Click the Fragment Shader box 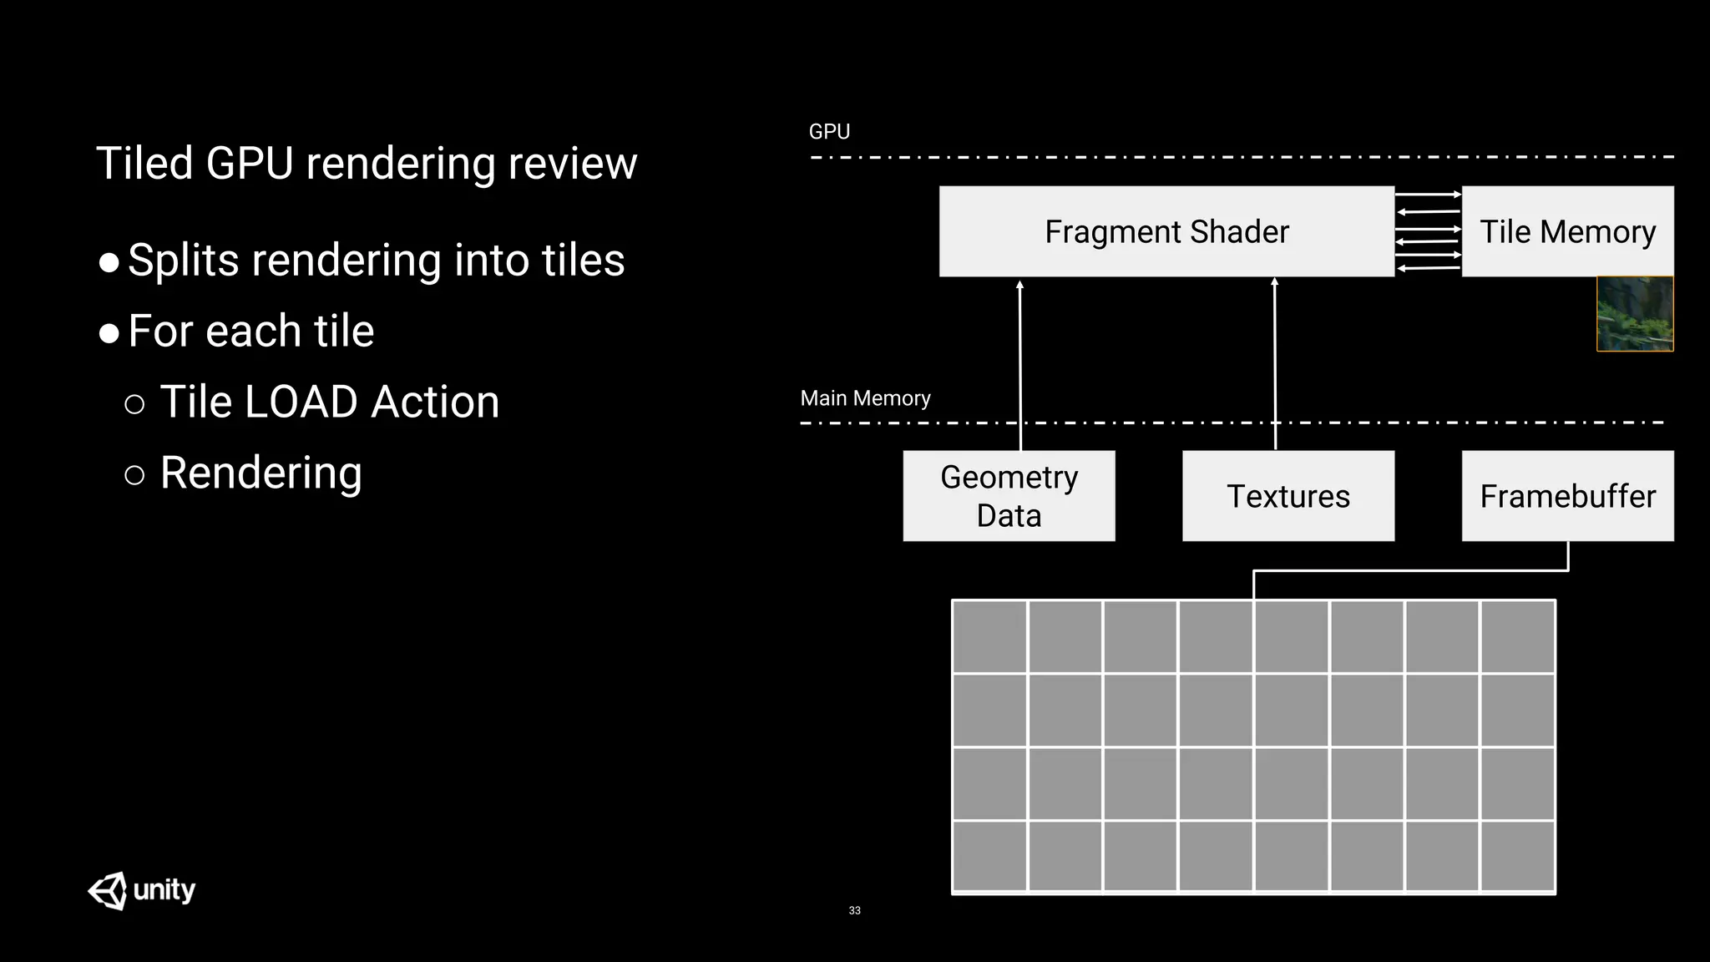point(1166,231)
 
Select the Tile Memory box point(1567,231)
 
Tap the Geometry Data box point(1009,496)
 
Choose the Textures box point(1288,496)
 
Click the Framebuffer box point(1567,496)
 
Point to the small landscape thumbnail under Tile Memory point(1634,314)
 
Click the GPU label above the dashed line point(828,132)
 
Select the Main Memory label point(865,398)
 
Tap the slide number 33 point(854,910)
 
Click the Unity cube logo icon point(109,890)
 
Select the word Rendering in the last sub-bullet point(261,473)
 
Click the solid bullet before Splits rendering point(109,263)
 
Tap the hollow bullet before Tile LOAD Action point(134,405)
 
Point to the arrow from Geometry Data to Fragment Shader point(1019,359)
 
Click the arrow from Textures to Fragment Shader point(1275,359)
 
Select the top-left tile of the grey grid point(989,636)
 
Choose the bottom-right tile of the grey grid point(1517,856)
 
